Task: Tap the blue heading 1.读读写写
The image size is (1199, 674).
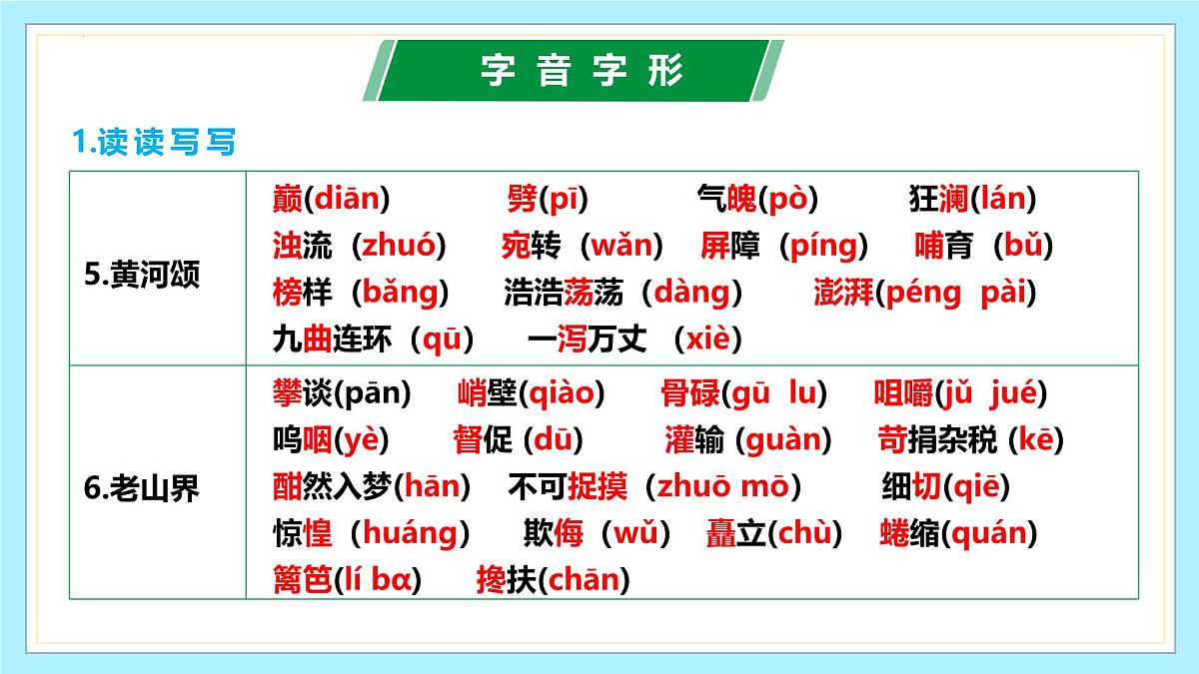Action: click(x=154, y=143)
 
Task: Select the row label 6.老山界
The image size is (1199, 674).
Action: click(x=142, y=489)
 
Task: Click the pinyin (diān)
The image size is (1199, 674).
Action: click(x=346, y=199)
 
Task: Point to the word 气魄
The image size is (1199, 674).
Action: click(x=726, y=199)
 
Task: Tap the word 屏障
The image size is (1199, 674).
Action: click(x=730, y=246)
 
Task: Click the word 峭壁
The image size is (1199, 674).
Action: click(x=487, y=394)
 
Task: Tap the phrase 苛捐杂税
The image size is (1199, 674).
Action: click(x=938, y=440)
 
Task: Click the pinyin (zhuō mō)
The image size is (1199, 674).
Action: click(x=722, y=487)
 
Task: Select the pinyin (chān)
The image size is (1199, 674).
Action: click(x=584, y=580)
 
